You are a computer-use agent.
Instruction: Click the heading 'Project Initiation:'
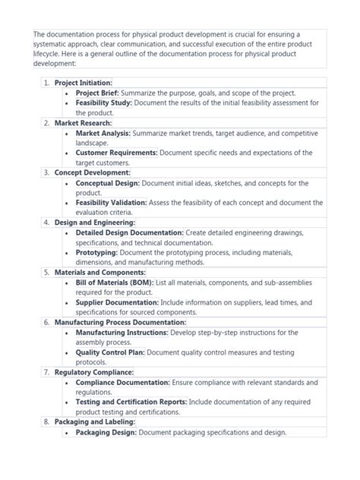pos(84,82)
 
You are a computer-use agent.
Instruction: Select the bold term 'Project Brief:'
pos(97,92)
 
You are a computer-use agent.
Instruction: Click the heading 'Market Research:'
pos(83,122)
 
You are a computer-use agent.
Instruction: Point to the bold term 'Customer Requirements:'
pos(116,152)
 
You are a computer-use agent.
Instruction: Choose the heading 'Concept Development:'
pos(93,172)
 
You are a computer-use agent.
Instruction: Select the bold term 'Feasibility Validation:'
pos(111,203)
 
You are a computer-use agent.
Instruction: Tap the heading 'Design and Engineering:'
pos(96,223)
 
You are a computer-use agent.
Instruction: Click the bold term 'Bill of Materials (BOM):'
pos(115,282)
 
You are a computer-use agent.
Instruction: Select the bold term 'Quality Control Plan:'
pos(110,352)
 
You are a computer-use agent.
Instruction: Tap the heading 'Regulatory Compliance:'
pos(94,372)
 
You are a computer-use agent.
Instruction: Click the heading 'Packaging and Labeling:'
pos(95,422)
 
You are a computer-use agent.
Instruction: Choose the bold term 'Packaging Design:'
pos(106,432)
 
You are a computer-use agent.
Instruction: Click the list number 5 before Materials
pos(46,272)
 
